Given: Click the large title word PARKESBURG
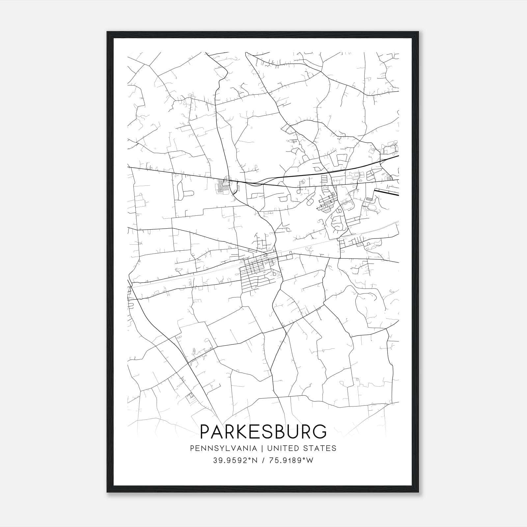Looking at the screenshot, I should [x=263, y=431].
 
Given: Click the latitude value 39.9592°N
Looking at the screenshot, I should [x=235, y=460].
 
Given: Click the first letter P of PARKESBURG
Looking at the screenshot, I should [x=206, y=431].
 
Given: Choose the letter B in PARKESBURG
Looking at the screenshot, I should [x=277, y=431].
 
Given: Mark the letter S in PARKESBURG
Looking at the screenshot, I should [x=264, y=431].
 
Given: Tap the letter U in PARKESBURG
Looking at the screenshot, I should [x=291, y=431].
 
